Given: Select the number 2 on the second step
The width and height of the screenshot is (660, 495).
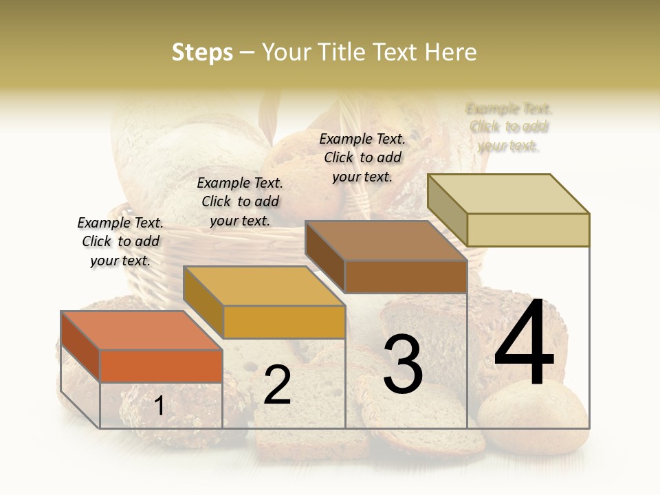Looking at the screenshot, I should tap(277, 385).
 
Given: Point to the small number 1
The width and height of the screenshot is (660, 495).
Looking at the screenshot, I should tap(159, 406).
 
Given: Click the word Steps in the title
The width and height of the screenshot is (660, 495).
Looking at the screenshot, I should tap(202, 52).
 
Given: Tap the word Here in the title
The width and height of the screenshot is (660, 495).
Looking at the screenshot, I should tap(451, 52).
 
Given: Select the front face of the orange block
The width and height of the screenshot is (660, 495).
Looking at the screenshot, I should tap(161, 366).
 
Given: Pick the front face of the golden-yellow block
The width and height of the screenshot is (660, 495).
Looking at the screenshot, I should tap(284, 322).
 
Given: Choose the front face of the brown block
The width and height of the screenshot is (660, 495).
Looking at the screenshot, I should tap(406, 276).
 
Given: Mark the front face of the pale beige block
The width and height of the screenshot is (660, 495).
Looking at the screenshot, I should tap(528, 230).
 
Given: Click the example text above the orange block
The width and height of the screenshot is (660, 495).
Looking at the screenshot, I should tap(120, 241).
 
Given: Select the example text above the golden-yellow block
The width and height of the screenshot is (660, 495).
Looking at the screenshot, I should tap(240, 201).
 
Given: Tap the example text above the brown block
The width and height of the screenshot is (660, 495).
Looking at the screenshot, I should tap(362, 157).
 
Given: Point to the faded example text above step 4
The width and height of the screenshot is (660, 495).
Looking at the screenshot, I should tap(509, 127).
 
